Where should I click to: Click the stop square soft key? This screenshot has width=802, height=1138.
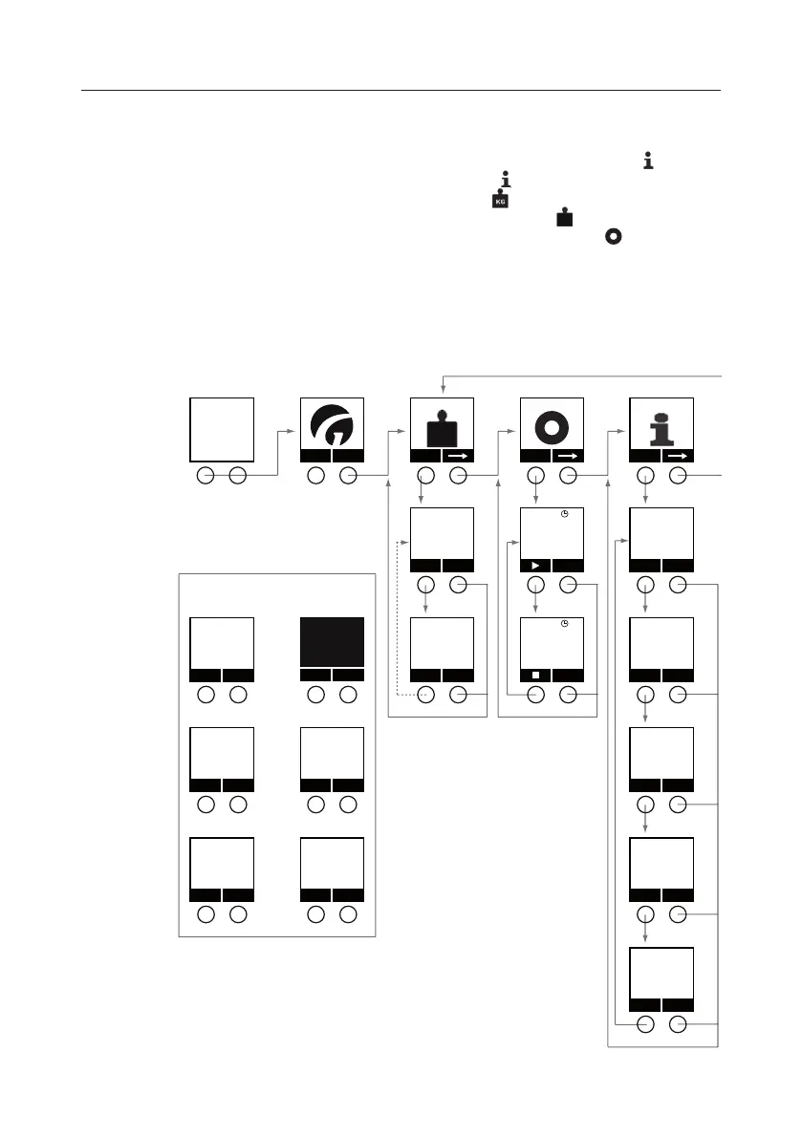coord(535,675)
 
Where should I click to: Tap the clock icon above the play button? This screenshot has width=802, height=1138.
coord(565,514)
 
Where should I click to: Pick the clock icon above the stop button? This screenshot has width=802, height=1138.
coord(565,624)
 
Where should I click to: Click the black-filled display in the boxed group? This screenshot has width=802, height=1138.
coord(332,641)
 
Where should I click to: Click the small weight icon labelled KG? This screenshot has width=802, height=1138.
coord(498,201)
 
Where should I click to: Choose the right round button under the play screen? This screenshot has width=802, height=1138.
coord(568,586)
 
